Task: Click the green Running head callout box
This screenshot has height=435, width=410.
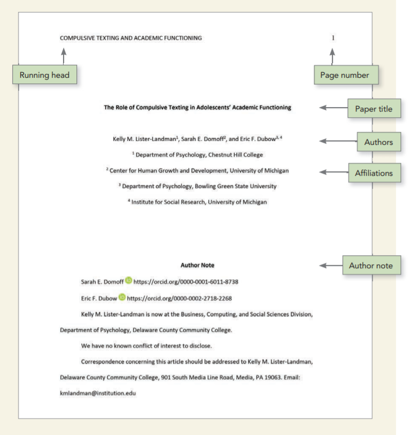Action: [44, 75]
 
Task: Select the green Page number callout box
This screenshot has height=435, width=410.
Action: [345, 75]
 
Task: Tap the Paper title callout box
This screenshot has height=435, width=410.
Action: [373, 108]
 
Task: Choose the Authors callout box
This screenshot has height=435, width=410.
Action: [379, 142]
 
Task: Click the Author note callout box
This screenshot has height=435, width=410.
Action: [371, 265]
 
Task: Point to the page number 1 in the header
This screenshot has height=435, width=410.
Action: [332, 38]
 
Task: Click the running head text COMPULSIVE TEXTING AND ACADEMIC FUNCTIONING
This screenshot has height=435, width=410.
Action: [130, 38]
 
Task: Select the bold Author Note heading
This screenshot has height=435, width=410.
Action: [197, 265]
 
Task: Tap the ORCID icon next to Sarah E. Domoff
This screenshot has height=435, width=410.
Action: [129, 281]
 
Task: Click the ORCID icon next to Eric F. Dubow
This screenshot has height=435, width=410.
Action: [122, 298]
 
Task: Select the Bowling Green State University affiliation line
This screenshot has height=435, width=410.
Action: [197, 186]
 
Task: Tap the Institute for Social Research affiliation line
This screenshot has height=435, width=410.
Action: [197, 202]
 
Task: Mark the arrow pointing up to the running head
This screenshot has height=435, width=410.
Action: [63, 56]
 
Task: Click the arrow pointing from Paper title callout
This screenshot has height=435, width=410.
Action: [333, 108]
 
